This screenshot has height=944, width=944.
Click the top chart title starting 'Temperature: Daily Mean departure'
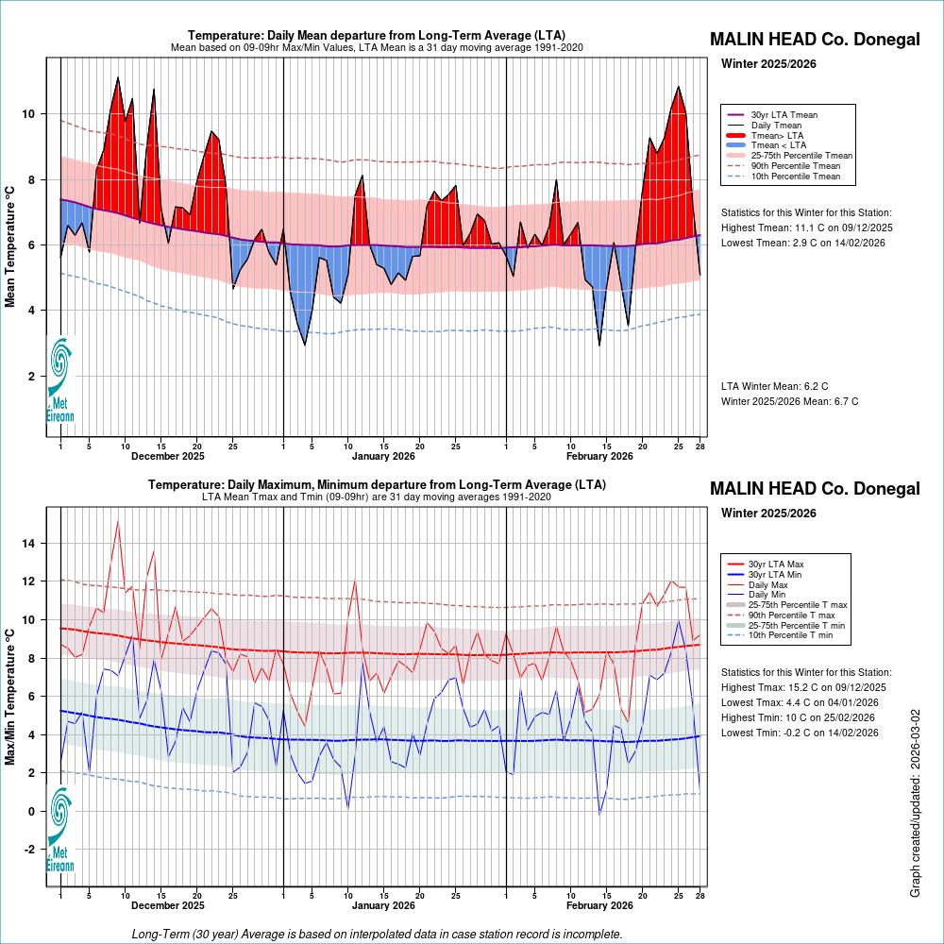pyautogui.click(x=377, y=35)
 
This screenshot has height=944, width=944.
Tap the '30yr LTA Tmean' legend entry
pyautogui.click(x=784, y=115)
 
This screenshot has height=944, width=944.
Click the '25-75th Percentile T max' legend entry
pyautogui.click(x=798, y=605)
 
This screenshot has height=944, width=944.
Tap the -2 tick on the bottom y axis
pyautogui.click(x=30, y=850)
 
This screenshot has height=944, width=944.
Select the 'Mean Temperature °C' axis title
pyautogui.click(x=11, y=245)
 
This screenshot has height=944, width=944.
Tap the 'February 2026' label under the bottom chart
pyautogui.click(x=599, y=906)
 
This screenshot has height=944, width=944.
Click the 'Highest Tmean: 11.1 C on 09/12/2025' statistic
pyautogui.click(x=806, y=228)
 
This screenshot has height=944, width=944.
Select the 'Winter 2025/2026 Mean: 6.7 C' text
pyautogui.click(x=789, y=401)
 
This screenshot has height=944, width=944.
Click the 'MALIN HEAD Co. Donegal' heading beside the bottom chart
pyautogui.click(x=814, y=489)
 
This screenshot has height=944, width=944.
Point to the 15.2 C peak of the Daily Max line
pyautogui.click(x=117, y=521)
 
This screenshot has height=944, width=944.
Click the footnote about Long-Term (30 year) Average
pyautogui.click(x=377, y=934)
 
